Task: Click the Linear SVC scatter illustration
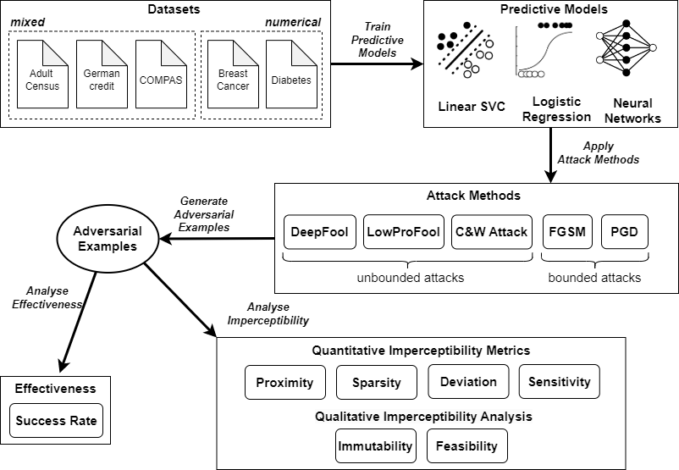pyautogui.click(x=462, y=56)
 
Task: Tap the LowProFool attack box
pyautogui.click(x=404, y=232)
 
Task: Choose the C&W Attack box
pyautogui.click(x=491, y=232)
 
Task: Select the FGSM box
pyautogui.click(x=567, y=232)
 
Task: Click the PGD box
pyautogui.click(x=624, y=232)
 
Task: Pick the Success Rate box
pyautogui.click(x=57, y=420)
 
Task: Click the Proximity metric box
pyautogui.click(x=284, y=382)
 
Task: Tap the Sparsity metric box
pyautogui.click(x=376, y=382)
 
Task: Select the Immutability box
pyautogui.click(x=375, y=446)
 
